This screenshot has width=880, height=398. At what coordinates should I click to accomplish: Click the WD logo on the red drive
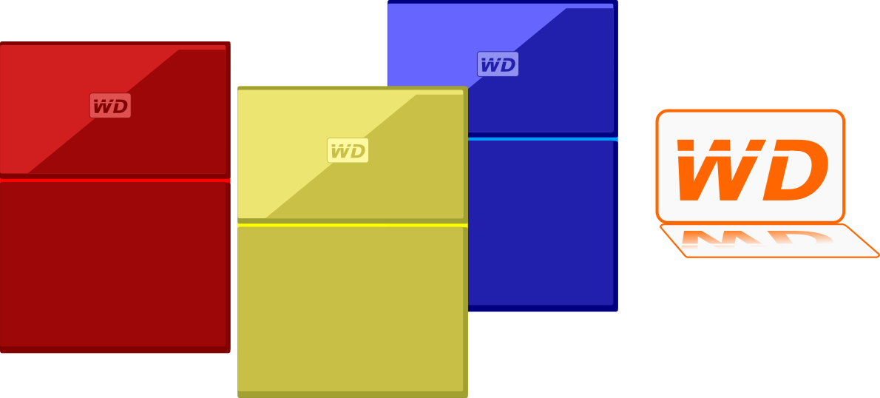pos(110,106)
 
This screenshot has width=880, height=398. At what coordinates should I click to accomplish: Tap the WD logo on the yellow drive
pos(348,151)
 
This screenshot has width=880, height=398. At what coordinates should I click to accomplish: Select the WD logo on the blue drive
pos(498,64)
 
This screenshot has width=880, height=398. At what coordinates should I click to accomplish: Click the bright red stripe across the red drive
pos(111,180)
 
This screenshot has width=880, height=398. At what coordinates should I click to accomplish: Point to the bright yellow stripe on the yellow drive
pos(351,224)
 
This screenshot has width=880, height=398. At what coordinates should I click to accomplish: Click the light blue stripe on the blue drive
pos(544,138)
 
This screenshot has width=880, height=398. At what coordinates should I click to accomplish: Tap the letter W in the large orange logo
pos(714,170)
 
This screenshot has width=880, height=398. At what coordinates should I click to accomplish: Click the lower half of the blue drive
pos(544,222)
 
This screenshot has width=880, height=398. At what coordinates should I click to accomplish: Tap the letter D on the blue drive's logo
pos(507,65)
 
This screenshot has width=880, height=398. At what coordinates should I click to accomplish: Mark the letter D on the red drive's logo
pos(119,107)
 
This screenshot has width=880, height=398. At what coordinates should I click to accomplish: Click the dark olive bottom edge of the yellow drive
pos(351,394)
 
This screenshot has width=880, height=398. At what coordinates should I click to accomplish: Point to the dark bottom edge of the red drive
pos(111,349)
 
